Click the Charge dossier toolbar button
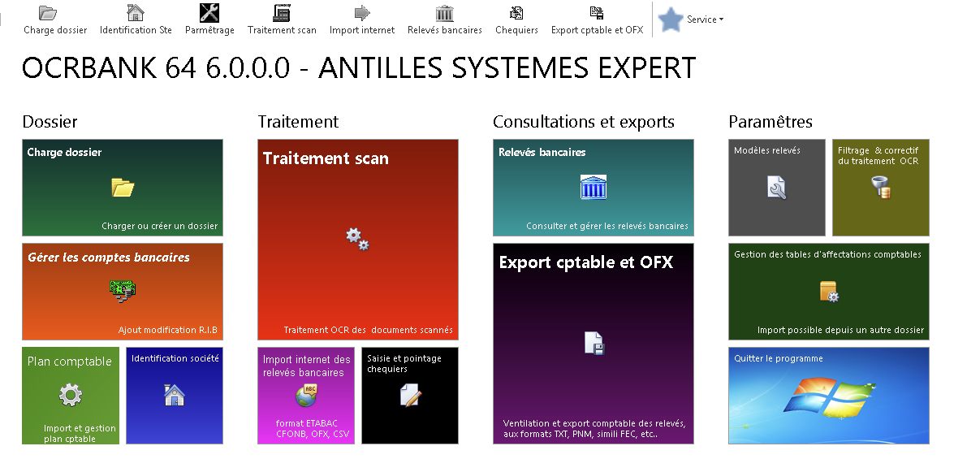(x=54, y=19)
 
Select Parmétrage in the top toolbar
(x=209, y=19)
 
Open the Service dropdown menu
(x=706, y=19)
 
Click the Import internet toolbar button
(x=362, y=19)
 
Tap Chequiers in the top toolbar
(x=516, y=19)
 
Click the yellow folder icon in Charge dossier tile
(x=123, y=187)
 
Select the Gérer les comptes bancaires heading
(x=108, y=258)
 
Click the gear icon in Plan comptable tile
(x=71, y=395)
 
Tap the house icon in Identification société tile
(x=175, y=395)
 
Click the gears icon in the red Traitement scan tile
(x=358, y=239)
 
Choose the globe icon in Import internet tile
(x=306, y=396)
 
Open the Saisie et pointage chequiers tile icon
(x=410, y=396)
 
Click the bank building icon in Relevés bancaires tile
(x=594, y=187)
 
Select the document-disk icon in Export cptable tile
(x=594, y=343)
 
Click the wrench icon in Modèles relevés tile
(x=776, y=188)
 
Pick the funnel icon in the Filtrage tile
(x=880, y=188)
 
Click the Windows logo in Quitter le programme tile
(x=827, y=396)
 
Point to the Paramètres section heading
(x=771, y=122)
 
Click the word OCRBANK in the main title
(x=89, y=67)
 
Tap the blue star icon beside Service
(x=671, y=19)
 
